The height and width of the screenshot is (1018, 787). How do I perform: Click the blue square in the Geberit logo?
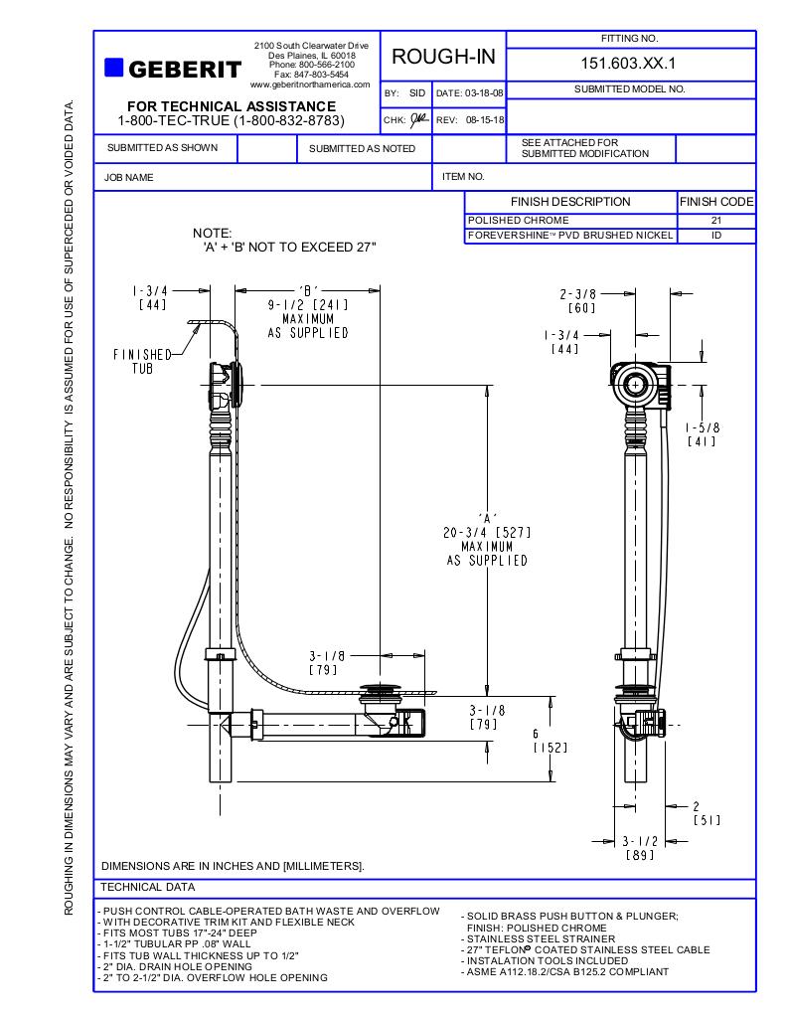click(x=113, y=68)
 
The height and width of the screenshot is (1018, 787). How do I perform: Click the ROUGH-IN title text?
click(x=443, y=57)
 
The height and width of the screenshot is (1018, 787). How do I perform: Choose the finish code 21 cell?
click(x=715, y=220)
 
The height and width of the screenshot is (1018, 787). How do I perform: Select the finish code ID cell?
click(x=715, y=236)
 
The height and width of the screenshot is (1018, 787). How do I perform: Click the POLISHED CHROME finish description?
click(x=519, y=220)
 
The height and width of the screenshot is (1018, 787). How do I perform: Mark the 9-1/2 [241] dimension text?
click(x=307, y=306)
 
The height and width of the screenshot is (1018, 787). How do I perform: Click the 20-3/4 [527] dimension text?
click(x=486, y=533)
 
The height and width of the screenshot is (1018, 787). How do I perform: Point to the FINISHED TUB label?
click(x=142, y=361)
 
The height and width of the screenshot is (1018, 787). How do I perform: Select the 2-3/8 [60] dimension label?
click(x=577, y=301)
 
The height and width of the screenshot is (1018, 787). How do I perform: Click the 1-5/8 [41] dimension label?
click(x=702, y=434)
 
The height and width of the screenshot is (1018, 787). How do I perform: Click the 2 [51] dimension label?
click(x=706, y=813)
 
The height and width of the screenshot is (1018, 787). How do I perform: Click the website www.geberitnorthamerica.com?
click(x=310, y=85)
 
